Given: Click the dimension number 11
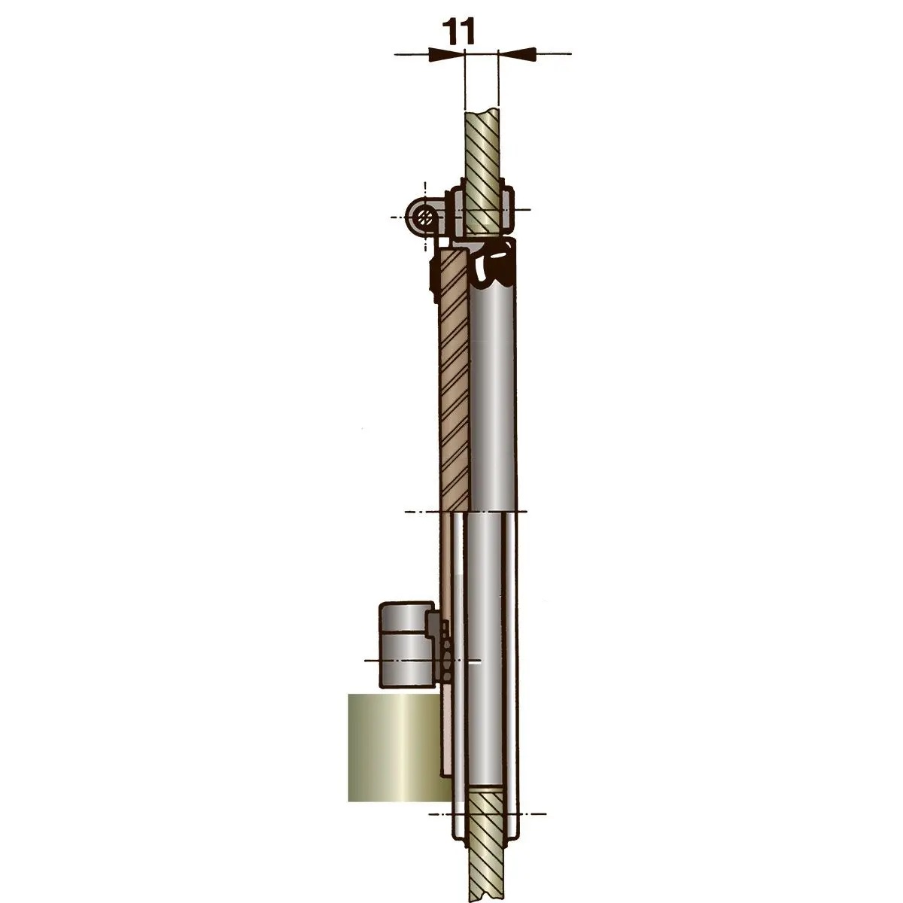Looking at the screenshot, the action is pos(458,32).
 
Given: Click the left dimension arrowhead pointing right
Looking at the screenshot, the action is pos(446,54).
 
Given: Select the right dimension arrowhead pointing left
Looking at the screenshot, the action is pos(516,53).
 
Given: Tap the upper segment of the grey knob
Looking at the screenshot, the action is pos(404,617).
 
